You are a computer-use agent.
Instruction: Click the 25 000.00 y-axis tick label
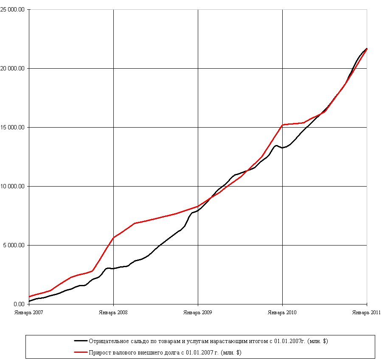[13, 9]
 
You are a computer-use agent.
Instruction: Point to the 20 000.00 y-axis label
[13, 68]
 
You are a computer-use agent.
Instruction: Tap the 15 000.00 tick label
[13, 127]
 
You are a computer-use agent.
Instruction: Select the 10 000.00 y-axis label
[13, 186]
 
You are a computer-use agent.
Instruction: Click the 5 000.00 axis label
[14, 245]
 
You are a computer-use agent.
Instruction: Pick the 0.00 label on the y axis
[19, 304]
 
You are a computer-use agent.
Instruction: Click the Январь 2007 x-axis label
[29, 312]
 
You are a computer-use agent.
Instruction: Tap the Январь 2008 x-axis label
[113, 312]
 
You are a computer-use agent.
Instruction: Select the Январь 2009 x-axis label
[198, 312]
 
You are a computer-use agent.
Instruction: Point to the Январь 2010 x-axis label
[282, 312]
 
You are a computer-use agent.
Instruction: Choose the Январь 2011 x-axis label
[366, 312]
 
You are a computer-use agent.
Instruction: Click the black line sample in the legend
[81, 341]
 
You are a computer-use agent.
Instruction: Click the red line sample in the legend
[81, 352]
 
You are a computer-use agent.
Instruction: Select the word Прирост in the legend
[98, 352]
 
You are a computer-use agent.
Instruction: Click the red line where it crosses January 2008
[113, 237]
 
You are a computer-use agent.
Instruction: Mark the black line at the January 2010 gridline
[282, 148]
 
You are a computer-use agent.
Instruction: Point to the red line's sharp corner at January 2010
[282, 125]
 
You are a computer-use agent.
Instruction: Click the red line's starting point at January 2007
[29, 297]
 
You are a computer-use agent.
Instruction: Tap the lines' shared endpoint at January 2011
[367, 49]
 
